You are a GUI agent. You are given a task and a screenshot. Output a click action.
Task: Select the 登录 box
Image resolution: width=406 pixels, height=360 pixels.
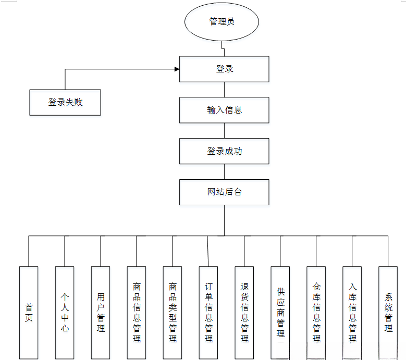[x=224, y=69]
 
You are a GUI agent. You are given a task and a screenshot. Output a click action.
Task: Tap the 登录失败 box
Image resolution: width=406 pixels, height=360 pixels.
[x=65, y=103]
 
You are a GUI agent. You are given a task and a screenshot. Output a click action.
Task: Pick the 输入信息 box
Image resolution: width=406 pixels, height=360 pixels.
[x=224, y=110]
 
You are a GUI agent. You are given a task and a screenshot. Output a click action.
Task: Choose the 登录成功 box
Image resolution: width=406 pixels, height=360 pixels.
[x=224, y=151]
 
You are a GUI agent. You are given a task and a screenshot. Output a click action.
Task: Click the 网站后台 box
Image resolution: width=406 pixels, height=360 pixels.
[x=224, y=192]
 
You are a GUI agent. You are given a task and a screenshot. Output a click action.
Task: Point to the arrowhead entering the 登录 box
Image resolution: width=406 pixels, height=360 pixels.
[x=177, y=69]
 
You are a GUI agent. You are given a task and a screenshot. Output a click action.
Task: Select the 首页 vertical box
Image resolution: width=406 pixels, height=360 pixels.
[x=29, y=313]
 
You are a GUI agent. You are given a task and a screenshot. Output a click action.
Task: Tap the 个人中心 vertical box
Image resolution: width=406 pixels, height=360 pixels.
[x=65, y=313]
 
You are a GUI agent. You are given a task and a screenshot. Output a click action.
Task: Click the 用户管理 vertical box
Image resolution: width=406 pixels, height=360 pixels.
[x=101, y=313]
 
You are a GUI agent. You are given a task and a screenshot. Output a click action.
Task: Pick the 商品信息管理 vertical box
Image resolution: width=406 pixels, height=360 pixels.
[x=137, y=313]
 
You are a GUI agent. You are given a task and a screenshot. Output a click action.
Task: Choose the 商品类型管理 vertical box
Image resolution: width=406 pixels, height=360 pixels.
[x=173, y=313]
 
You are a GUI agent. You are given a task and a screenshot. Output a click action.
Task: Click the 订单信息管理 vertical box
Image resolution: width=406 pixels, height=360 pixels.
[x=208, y=313]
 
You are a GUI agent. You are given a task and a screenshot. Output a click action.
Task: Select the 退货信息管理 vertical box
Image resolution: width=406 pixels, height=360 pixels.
[x=244, y=313]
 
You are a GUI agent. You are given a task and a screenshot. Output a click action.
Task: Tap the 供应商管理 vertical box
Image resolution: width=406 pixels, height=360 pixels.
[x=280, y=313]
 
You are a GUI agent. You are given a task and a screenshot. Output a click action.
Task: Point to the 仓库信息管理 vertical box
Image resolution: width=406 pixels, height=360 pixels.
[x=316, y=313]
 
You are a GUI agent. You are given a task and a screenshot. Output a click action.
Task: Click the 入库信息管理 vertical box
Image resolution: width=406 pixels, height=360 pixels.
[x=352, y=313]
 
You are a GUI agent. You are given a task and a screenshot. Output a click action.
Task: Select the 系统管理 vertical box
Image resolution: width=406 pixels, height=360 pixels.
[x=388, y=313]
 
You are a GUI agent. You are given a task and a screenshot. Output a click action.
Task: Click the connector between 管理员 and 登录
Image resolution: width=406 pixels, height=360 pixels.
[x=224, y=49]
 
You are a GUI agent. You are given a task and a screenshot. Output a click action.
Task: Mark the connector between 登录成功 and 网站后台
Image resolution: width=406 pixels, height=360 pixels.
[x=224, y=172]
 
